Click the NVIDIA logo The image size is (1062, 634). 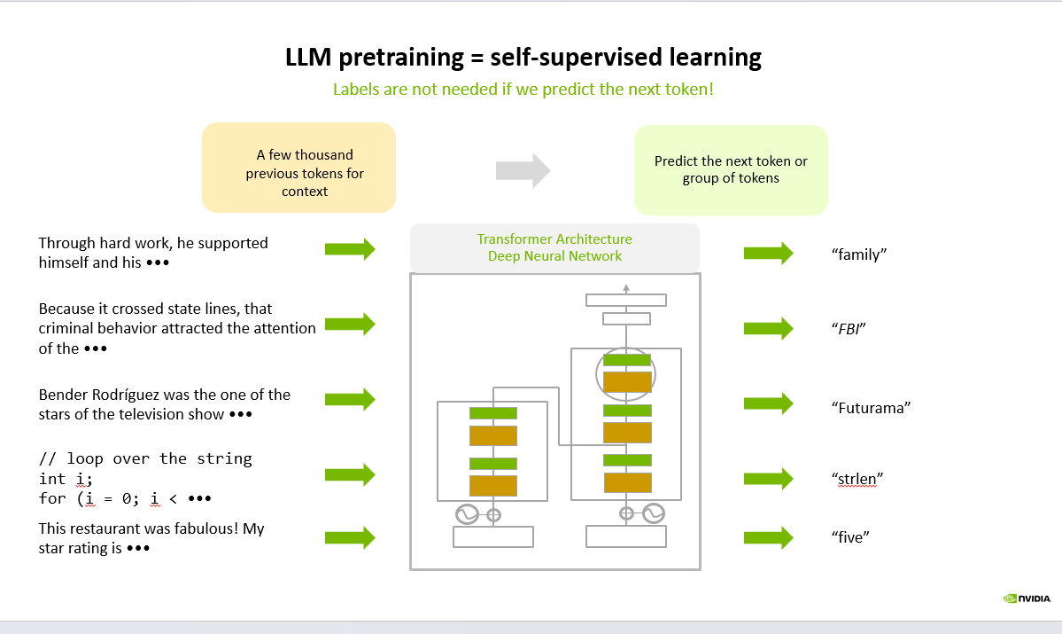point(1027,599)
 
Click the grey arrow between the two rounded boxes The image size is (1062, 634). point(523,169)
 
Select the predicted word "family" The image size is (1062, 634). point(859,254)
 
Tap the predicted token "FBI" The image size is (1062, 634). point(848,329)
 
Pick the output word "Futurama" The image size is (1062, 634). point(872,408)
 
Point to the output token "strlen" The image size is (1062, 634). point(857,479)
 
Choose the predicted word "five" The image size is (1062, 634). point(849,537)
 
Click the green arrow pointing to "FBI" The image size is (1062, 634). point(768,328)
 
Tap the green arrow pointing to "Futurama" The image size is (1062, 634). point(768,403)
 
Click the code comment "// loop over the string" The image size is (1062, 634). point(145,458)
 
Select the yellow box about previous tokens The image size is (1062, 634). point(298,168)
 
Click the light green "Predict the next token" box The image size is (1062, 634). point(731,170)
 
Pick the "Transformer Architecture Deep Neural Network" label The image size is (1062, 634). point(554,247)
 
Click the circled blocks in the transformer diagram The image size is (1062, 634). point(626,372)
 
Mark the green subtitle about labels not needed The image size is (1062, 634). point(523,90)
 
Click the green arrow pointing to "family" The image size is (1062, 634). point(768,254)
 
